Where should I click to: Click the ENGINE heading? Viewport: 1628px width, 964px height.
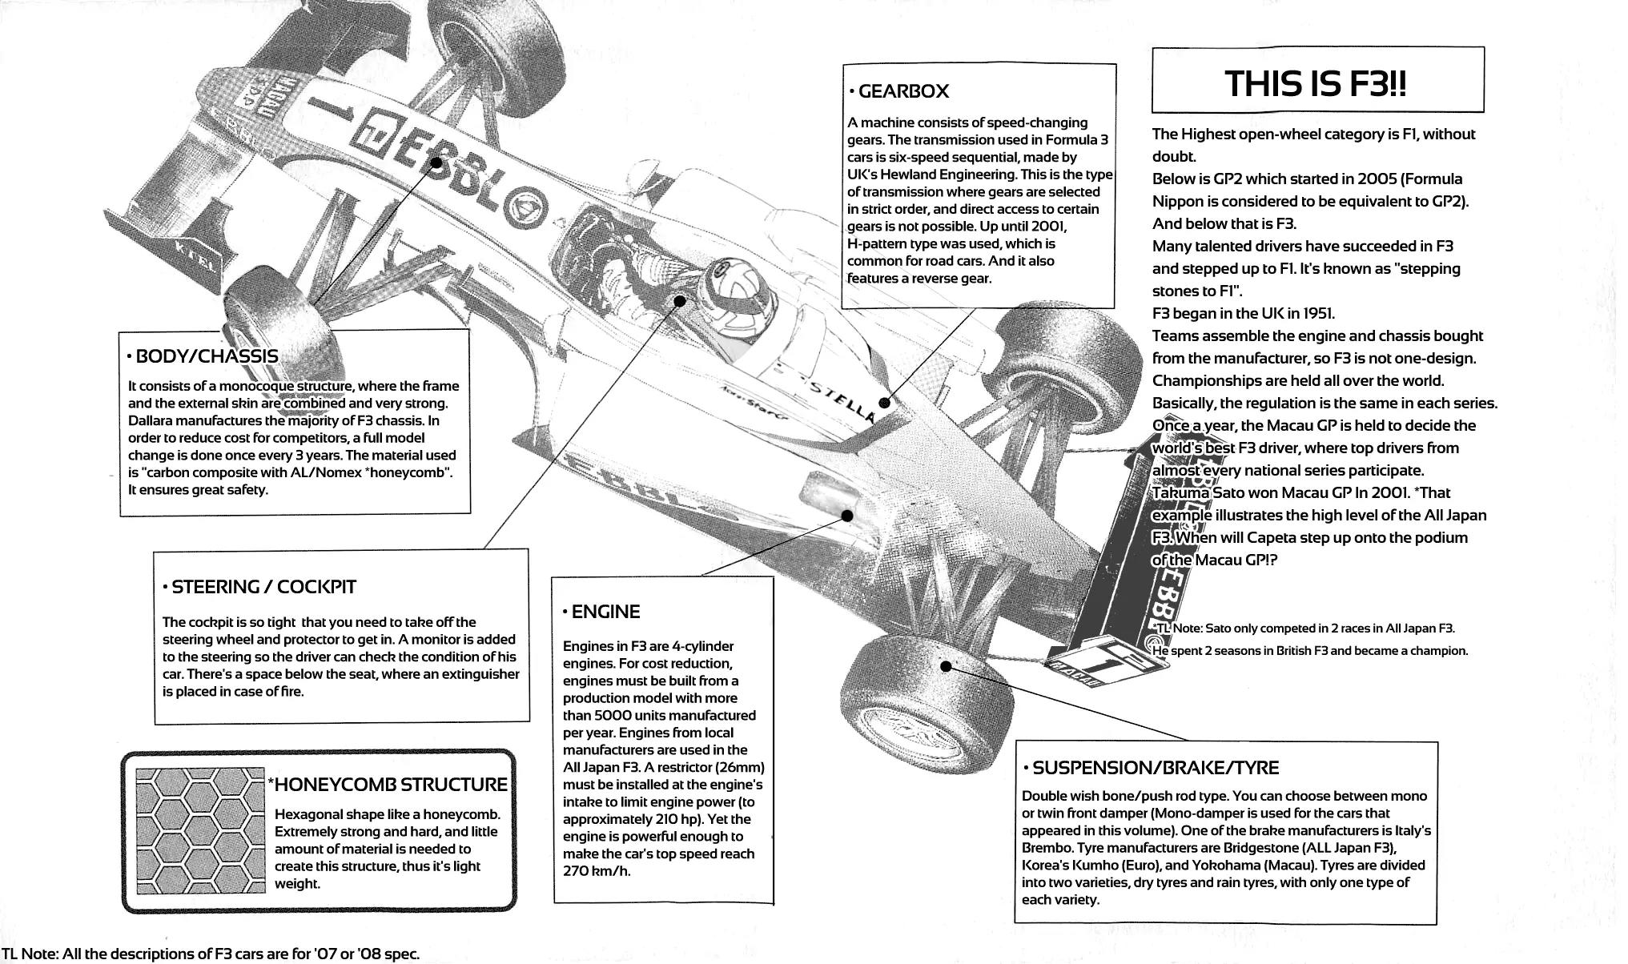coord(605,613)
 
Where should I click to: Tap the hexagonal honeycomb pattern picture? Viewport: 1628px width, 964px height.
coord(199,830)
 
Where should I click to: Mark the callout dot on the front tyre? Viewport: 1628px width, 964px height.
coord(946,666)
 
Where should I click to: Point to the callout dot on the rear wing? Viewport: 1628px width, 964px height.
coord(436,162)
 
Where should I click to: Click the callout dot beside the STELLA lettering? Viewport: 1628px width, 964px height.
coord(884,403)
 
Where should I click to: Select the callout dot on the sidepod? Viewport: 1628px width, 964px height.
coord(847,516)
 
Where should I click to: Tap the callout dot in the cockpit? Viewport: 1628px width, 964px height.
coord(680,302)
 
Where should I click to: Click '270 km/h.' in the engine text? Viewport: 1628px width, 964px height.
coord(597,871)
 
